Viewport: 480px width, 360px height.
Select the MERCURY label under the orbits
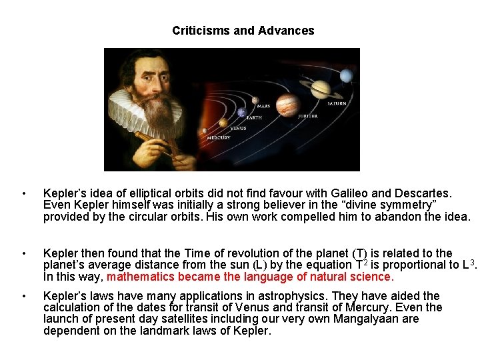[x=218, y=138]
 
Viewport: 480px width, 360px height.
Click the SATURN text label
[x=337, y=103]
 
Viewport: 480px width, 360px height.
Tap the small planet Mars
[x=255, y=101]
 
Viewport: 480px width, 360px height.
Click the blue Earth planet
[x=241, y=113]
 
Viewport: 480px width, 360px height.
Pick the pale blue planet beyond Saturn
[x=346, y=76]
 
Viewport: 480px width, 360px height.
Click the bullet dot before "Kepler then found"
[x=23, y=253]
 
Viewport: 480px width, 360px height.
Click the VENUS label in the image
[x=237, y=129]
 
